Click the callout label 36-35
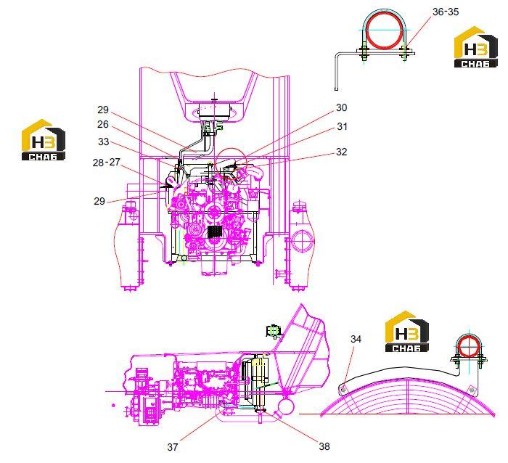pos(446,12)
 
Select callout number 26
pos(103,124)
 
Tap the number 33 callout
pos(103,142)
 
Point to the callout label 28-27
pos(106,163)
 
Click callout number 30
pos(342,107)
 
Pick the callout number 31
pos(342,127)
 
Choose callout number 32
pos(342,152)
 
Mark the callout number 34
pos(356,339)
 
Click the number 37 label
pos(173,447)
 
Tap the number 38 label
pos(324,446)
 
